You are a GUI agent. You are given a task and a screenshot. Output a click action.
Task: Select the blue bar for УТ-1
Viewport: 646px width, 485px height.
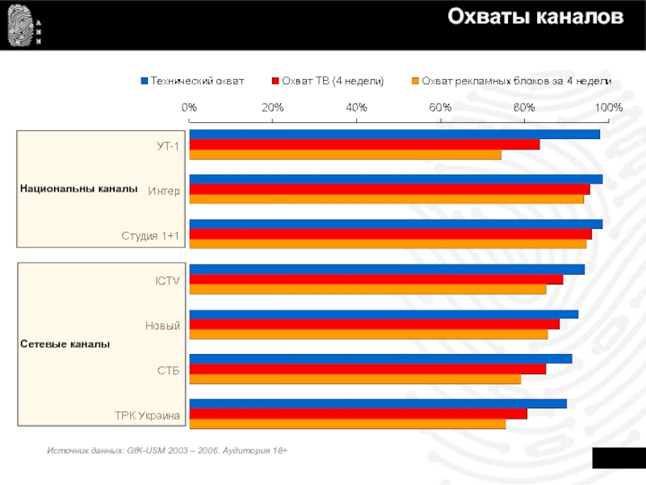[x=394, y=134]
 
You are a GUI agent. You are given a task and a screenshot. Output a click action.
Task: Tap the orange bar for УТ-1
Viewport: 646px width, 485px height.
[x=345, y=154]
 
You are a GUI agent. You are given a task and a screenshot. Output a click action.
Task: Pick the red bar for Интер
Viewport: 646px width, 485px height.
[x=389, y=189]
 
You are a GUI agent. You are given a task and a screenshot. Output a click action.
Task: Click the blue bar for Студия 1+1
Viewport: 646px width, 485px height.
[x=396, y=224]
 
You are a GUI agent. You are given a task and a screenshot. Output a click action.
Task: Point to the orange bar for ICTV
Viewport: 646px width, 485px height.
[x=367, y=289]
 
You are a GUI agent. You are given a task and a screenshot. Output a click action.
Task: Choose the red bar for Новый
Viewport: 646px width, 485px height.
[x=374, y=324]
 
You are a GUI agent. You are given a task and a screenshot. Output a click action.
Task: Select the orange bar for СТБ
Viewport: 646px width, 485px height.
[x=354, y=378]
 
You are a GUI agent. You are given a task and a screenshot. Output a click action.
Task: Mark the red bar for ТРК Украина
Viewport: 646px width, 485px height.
[x=358, y=414]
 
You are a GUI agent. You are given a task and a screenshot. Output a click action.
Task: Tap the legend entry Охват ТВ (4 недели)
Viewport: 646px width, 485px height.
[x=332, y=81]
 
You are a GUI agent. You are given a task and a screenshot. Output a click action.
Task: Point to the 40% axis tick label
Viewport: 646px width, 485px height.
[x=356, y=107]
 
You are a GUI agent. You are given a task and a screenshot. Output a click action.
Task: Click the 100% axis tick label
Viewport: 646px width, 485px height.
[x=608, y=107]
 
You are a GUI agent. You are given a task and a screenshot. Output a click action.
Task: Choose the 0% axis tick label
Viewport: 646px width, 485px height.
[x=189, y=107]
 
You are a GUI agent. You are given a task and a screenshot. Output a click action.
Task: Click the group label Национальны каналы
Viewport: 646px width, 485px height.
[x=79, y=188]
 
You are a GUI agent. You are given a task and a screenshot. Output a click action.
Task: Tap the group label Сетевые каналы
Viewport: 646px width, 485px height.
[x=65, y=344]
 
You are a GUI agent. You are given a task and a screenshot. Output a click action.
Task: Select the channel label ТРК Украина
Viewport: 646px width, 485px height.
[x=147, y=415]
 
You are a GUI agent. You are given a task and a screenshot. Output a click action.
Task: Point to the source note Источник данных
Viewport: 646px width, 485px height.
[x=167, y=448]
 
